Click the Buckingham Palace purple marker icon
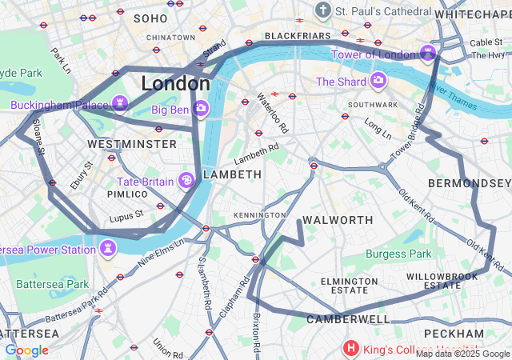point(121,105)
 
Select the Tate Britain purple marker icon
point(186,181)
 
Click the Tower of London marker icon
point(429,54)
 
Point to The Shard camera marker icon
point(378,81)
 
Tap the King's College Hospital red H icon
point(350,348)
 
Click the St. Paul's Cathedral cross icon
point(322,11)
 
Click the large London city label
point(175,83)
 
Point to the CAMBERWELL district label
point(348,319)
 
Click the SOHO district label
point(150,18)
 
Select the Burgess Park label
point(398,254)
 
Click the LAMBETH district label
point(232,174)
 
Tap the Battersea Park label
point(52,284)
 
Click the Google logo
point(27,350)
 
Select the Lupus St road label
point(127,214)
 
